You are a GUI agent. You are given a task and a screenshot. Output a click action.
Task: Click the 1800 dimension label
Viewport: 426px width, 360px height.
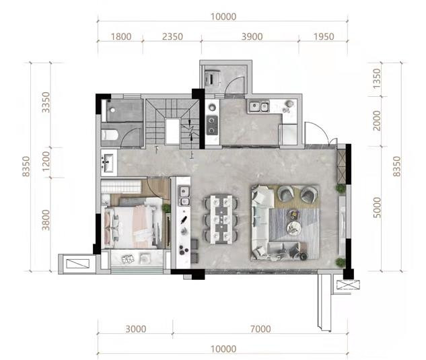(x=121, y=36)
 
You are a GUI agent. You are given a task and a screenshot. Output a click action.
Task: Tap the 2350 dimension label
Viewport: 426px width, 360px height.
(x=172, y=36)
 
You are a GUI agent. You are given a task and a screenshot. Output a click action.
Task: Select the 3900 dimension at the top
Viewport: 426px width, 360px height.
(x=252, y=36)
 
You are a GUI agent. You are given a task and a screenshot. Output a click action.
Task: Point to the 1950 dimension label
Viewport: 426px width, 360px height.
(x=324, y=36)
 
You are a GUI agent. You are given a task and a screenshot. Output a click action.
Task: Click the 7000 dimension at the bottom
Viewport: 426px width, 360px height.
(x=260, y=329)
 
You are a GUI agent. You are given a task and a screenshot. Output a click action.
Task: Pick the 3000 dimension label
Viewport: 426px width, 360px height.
(x=136, y=329)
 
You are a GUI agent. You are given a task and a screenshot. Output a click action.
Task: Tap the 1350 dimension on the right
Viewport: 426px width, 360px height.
(x=377, y=79)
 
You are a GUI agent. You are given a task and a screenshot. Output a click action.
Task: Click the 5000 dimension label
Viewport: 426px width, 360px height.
(x=377, y=207)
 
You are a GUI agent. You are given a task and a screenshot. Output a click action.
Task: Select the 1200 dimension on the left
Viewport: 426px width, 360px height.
(x=46, y=161)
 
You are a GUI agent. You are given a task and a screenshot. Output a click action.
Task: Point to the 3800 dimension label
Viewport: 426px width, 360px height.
(x=46, y=220)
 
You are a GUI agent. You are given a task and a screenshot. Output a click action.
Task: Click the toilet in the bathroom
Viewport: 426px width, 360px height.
(x=110, y=135)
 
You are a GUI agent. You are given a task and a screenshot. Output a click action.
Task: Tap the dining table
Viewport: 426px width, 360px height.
(x=221, y=219)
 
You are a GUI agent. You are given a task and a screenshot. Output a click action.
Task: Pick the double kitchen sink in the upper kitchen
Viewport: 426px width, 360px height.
(x=259, y=107)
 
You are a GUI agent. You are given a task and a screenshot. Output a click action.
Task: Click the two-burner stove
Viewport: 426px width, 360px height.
(x=211, y=125)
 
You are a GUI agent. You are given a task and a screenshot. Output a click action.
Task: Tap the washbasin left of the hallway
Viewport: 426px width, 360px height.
(x=109, y=163)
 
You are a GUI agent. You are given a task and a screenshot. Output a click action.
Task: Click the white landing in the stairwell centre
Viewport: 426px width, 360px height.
(x=172, y=131)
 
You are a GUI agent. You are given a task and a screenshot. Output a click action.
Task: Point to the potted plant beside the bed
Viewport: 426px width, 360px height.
(x=166, y=209)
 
